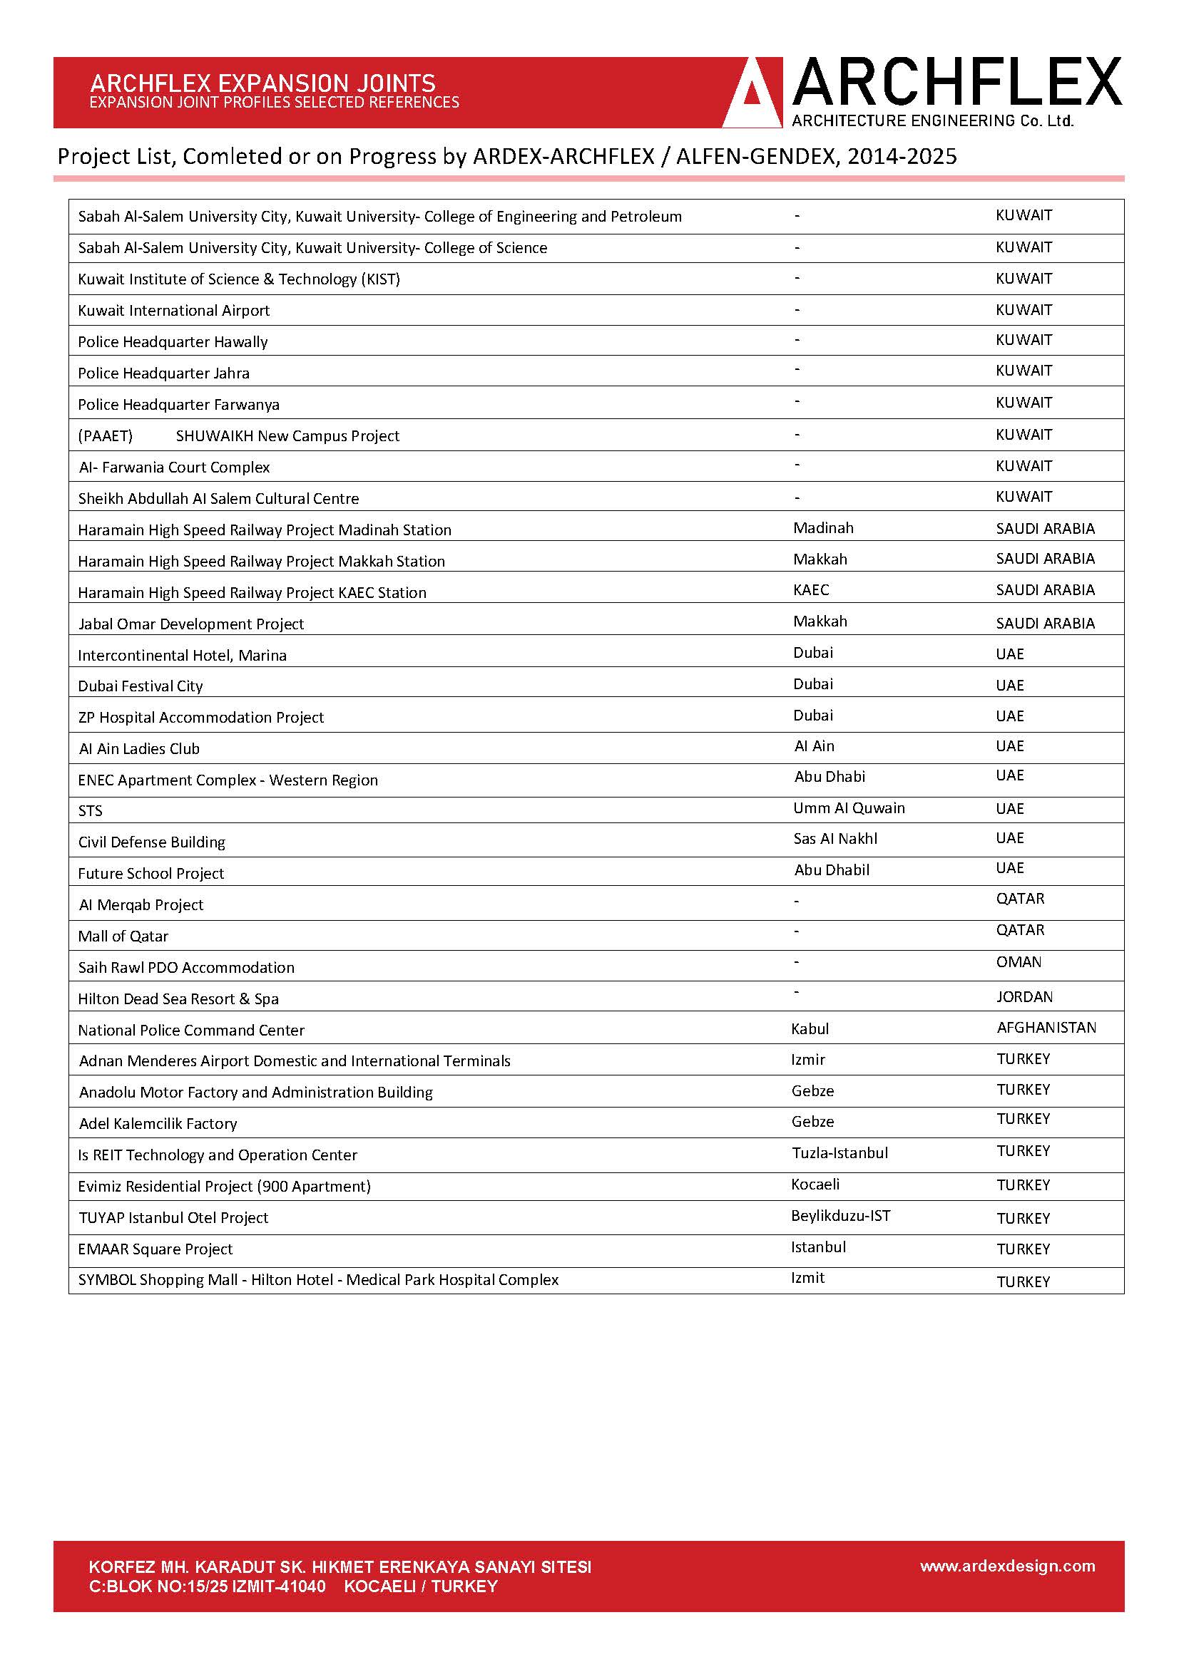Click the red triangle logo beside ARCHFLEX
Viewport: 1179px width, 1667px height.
[752, 95]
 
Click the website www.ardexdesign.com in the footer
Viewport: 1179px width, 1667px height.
[1007, 1565]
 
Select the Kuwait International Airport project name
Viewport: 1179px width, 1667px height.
[173, 311]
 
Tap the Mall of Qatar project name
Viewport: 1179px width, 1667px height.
[123, 936]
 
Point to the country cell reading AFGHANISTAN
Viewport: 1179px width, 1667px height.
[1046, 1028]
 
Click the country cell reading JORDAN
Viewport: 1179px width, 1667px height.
[1024, 997]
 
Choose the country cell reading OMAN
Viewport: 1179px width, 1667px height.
[1019, 962]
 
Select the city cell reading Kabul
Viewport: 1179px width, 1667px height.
[810, 1029]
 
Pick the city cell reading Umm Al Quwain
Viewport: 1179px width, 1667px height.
[849, 808]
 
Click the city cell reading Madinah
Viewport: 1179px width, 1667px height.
[823, 528]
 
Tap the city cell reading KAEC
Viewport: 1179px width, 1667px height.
[811, 589]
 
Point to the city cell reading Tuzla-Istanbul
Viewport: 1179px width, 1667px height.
[839, 1153]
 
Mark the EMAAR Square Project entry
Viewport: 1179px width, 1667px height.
[155, 1249]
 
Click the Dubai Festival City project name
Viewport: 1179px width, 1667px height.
[141, 686]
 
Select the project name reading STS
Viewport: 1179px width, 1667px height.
[90, 811]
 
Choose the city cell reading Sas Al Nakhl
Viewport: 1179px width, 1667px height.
[835, 839]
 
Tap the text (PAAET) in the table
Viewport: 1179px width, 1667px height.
[106, 435]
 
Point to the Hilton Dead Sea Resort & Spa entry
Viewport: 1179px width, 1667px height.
[178, 999]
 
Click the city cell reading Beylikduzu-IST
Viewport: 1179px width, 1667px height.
[840, 1215]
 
